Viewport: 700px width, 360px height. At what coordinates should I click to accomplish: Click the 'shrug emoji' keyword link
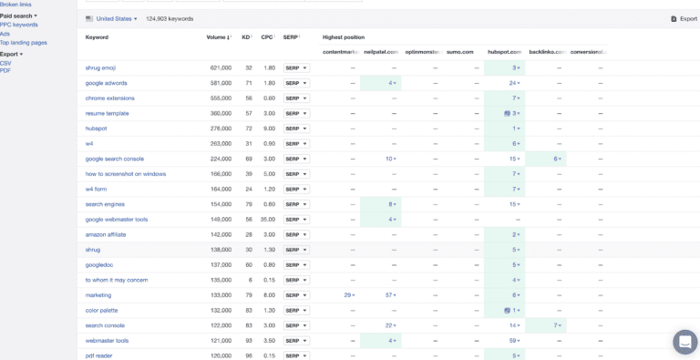[x=100, y=68]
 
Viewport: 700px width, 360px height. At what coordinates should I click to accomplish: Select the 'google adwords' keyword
[x=106, y=83]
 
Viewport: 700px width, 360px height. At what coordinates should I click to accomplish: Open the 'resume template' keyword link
[x=107, y=113]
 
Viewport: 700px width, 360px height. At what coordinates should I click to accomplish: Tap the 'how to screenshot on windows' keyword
[x=125, y=174]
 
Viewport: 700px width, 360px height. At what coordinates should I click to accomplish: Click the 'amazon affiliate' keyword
[x=106, y=234]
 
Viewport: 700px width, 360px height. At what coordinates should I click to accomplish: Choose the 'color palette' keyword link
[x=101, y=310]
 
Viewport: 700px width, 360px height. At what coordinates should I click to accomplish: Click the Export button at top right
[x=684, y=18]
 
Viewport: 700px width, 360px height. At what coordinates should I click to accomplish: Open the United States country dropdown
[x=112, y=18]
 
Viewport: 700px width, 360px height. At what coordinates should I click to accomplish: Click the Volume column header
[x=219, y=37]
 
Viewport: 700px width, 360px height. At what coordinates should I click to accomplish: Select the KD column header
[x=247, y=37]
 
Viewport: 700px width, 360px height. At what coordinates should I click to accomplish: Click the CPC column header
[x=268, y=37]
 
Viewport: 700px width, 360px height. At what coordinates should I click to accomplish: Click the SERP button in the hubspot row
[x=296, y=129]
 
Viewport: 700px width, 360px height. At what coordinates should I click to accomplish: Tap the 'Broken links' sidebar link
[x=15, y=5]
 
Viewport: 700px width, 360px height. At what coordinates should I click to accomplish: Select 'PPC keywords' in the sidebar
[x=19, y=25]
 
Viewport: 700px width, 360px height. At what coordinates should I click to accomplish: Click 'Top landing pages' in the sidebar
[x=25, y=43]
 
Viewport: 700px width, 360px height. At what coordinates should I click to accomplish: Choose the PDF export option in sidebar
[x=5, y=70]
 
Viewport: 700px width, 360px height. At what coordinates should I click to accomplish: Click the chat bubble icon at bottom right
[x=685, y=342]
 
